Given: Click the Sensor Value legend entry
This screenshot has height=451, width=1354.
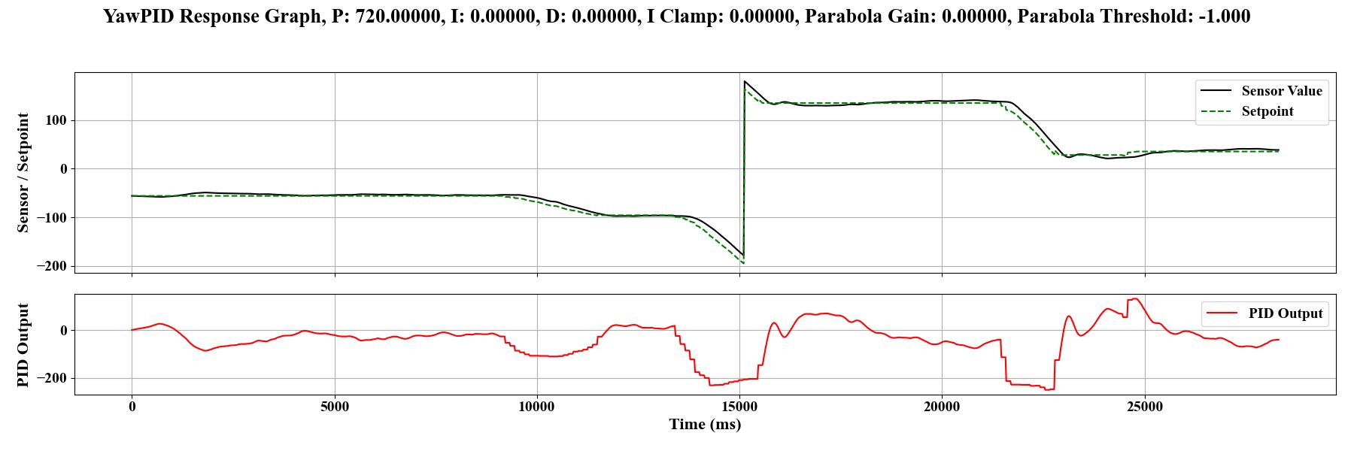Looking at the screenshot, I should pos(1281,91).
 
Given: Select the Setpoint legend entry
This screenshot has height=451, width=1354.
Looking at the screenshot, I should pos(1267,111).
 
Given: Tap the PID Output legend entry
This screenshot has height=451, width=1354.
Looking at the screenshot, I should pos(1285,313).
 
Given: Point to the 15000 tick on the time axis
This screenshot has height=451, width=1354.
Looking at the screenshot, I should pos(739,407).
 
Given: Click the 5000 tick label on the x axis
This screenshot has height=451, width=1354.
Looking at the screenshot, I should pos(335,407).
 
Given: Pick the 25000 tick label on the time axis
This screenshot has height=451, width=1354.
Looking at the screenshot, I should pos(1145,407).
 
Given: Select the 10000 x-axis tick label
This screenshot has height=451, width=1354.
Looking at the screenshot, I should pos(537,407).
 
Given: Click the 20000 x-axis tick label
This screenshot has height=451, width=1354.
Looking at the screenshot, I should pos(942,407).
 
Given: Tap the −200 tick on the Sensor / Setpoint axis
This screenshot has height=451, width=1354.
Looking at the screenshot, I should pos(50,266).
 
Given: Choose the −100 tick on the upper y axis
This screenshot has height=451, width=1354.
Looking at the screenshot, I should pos(50,218).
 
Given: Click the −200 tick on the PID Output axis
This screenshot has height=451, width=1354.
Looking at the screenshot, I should pos(50,378).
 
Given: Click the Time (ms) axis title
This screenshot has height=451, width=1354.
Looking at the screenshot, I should pos(705,425).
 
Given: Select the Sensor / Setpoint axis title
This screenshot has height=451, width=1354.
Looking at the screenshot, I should pos(23,172).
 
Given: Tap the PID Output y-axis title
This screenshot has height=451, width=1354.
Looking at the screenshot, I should pos(23,345).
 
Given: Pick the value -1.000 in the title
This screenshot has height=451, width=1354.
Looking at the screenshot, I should pos(1224,17).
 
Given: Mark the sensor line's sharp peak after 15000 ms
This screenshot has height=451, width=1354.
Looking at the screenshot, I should pos(745,81).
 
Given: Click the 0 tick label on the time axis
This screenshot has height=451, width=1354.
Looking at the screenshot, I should pos(132,407).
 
